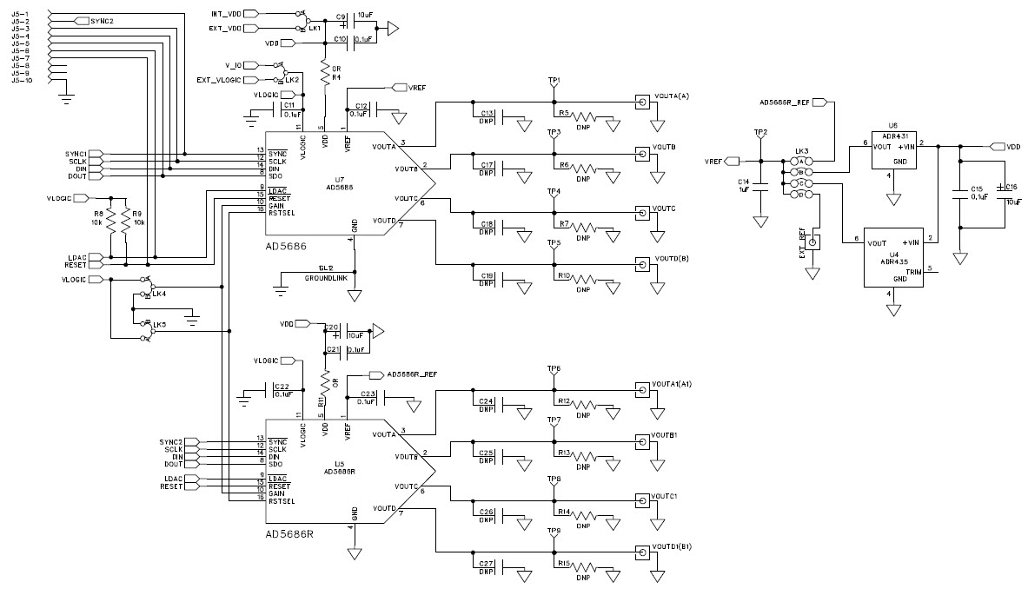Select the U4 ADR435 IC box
click(892, 259)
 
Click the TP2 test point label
click(760, 133)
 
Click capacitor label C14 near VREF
click(743, 182)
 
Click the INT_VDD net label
click(224, 15)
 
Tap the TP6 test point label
click(554, 369)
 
